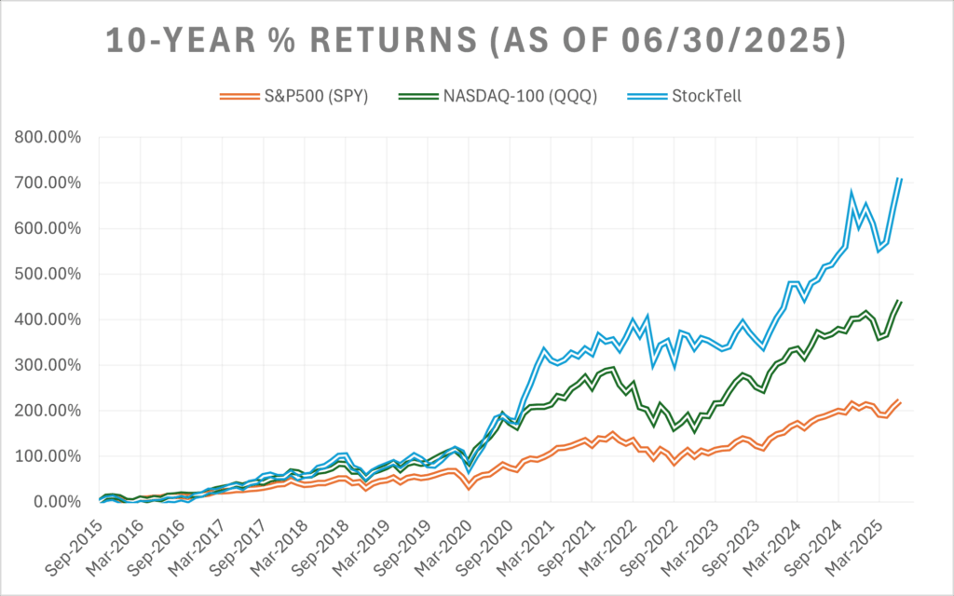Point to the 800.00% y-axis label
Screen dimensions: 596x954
point(47,138)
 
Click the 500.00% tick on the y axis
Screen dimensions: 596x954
point(47,275)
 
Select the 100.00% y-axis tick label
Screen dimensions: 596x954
point(47,456)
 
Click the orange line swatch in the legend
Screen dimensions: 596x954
point(238,95)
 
